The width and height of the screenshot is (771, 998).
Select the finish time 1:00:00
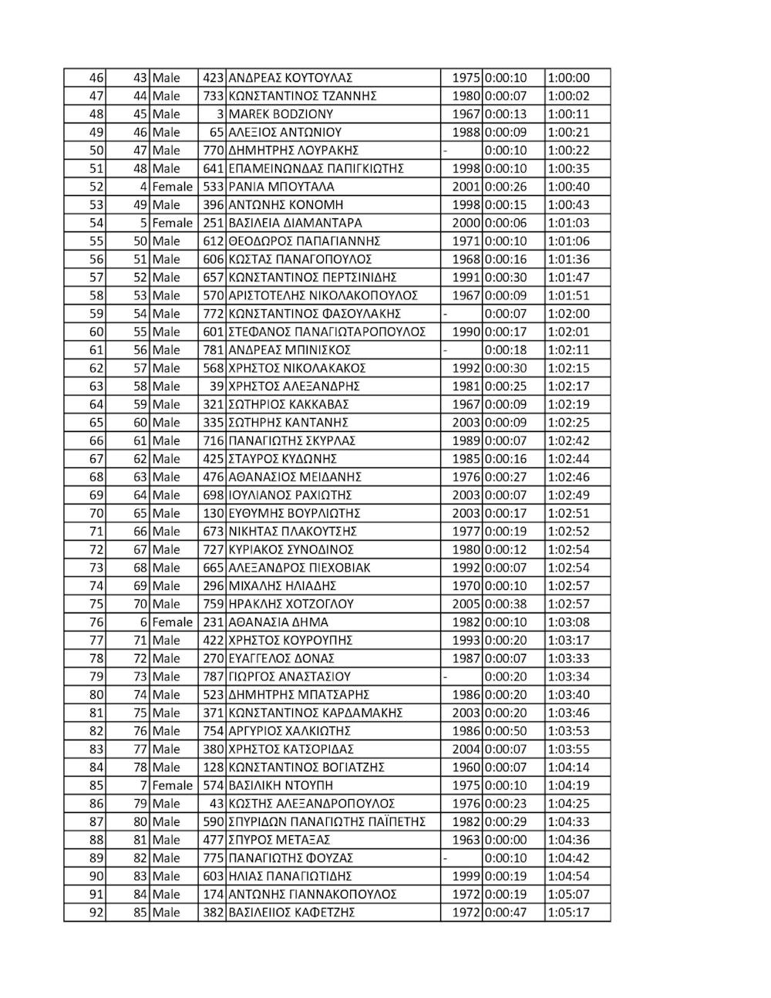(x=568, y=78)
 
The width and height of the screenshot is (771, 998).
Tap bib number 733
(x=212, y=96)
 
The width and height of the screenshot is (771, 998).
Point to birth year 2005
(x=466, y=604)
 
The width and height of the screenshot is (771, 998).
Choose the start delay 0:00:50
(x=506, y=731)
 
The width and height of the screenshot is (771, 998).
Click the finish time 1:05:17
(x=568, y=912)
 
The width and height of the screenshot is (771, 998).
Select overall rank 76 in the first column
(x=96, y=622)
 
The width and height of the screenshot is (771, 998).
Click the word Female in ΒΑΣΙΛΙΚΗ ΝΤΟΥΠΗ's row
(x=173, y=785)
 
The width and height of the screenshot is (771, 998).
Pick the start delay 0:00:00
(x=506, y=840)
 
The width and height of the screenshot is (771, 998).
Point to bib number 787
(x=212, y=676)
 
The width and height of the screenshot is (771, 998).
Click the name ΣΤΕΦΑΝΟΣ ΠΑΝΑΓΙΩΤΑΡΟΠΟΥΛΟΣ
(x=327, y=332)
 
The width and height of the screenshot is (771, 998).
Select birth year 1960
(x=466, y=767)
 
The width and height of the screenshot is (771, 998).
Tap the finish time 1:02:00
(x=568, y=314)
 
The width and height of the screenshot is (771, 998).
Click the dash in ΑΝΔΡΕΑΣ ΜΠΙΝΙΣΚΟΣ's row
(x=445, y=350)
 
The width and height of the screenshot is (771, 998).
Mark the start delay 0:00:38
(x=506, y=604)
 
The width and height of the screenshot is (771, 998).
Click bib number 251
(x=212, y=223)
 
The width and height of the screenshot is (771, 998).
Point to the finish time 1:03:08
(x=568, y=622)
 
